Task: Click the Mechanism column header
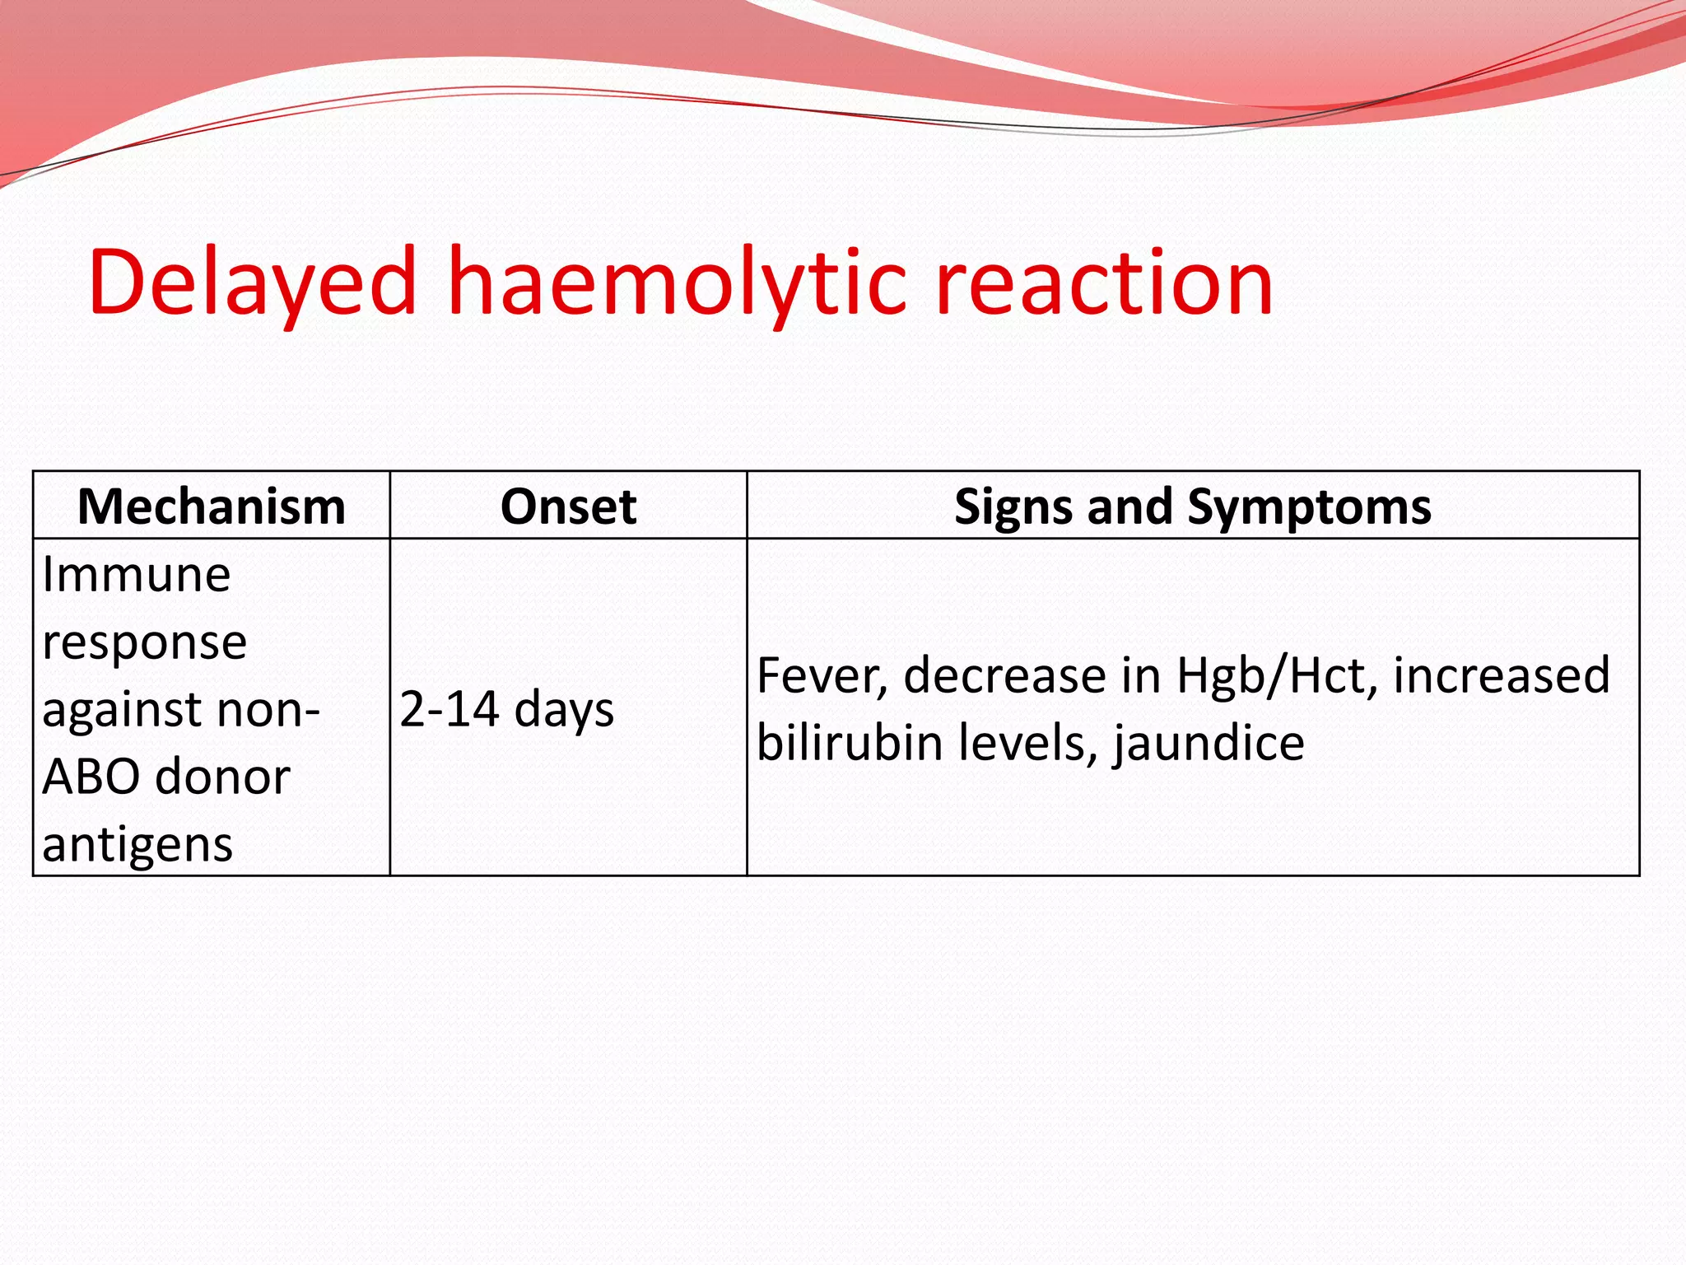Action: (x=211, y=506)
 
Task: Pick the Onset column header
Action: (x=568, y=506)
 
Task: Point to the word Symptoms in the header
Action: (x=1309, y=507)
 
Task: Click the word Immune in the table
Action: (x=136, y=574)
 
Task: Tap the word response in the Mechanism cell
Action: (x=144, y=643)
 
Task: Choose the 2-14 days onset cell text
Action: (x=506, y=709)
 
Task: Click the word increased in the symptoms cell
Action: (x=1502, y=676)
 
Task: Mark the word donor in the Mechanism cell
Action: (x=222, y=777)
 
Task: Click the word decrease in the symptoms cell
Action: (x=1004, y=676)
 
